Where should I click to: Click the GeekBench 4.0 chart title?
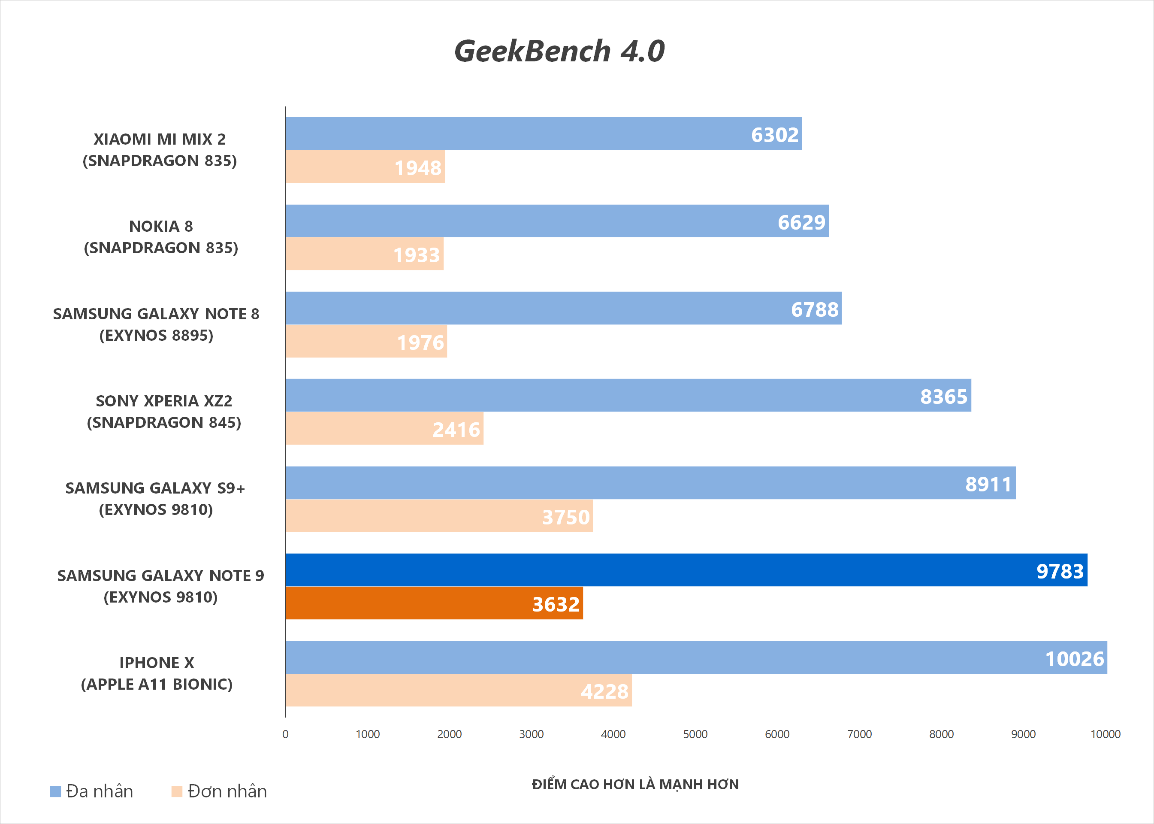[559, 51]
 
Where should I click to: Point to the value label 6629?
[801, 222]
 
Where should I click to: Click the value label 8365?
[943, 396]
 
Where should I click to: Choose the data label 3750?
[565, 517]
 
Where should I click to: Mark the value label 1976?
[420, 342]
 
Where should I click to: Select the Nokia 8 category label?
[161, 237]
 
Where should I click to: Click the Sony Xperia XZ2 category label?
[164, 412]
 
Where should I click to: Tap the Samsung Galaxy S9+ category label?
[155, 499]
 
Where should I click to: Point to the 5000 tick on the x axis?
[695, 734]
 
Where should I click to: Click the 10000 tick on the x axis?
[1105, 734]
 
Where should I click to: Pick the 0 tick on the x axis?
[286, 734]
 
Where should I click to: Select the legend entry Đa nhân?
[92, 791]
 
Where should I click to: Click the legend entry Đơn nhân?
[219, 791]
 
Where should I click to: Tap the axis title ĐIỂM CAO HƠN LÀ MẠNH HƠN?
[635, 785]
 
